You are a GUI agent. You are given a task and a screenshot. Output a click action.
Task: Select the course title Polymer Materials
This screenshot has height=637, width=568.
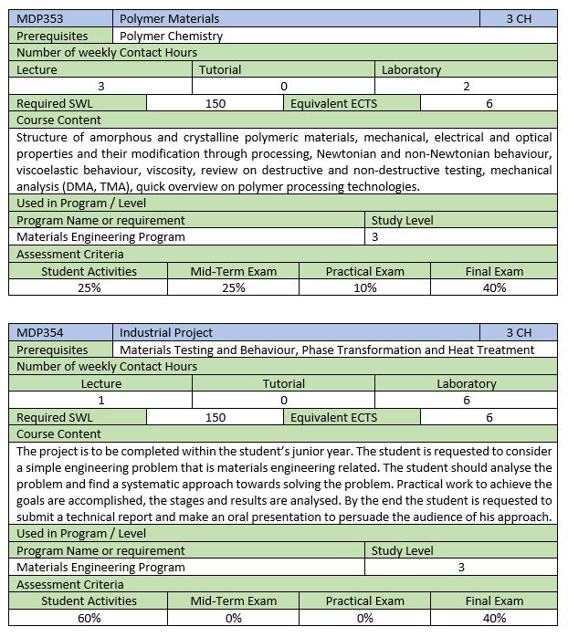(x=170, y=18)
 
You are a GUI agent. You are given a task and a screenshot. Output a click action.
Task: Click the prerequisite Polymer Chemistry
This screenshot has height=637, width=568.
(x=171, y=36)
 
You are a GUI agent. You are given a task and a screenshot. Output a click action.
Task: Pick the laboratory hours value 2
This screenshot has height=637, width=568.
(x=466, y=87)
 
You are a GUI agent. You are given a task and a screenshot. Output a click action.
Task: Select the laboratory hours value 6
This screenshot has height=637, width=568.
(x=466, y=400)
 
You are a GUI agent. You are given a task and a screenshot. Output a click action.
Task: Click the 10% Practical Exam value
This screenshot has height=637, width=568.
(x=364, y=287)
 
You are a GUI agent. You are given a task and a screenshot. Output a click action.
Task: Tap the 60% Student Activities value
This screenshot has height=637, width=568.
(x=89, y=618)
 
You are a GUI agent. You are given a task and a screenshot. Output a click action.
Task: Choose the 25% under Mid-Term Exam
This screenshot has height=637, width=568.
(x=233, y=287)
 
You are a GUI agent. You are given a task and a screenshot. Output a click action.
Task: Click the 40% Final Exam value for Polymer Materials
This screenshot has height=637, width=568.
(x=494, y=287)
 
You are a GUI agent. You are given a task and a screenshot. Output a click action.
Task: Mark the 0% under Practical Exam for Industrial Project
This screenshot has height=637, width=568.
(x=364, y=618)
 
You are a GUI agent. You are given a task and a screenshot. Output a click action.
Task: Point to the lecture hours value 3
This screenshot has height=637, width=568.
(x=100, y=87)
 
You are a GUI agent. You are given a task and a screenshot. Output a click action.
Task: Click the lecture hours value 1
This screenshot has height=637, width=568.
(x=100, y=400)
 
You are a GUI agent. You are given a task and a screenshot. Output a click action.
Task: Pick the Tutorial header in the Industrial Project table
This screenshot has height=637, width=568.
(x=283, y=383)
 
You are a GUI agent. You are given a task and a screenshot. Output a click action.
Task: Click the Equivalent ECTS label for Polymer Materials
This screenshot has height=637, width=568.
(x=333, y=103)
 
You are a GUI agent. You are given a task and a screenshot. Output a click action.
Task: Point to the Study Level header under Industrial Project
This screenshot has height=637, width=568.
(x=402, y=550)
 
